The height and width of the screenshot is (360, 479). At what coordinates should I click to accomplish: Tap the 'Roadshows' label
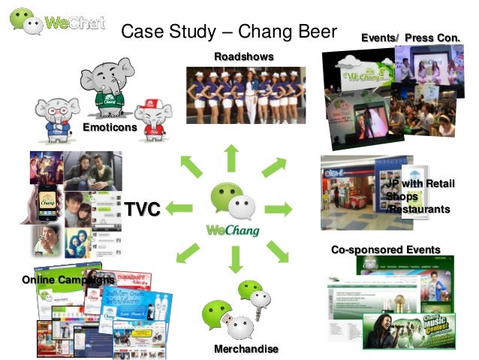(243, 57)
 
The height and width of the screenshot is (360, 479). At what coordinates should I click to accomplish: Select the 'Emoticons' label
(110, 128)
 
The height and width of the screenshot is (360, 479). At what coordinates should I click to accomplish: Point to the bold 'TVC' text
(143, 209)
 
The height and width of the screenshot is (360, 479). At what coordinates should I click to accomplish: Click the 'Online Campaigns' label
(68, 280)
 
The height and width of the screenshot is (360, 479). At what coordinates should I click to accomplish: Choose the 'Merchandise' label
(246, 349)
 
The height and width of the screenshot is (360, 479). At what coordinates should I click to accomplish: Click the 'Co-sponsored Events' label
(386, 250)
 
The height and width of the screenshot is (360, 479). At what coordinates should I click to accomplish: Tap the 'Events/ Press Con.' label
(410, 38)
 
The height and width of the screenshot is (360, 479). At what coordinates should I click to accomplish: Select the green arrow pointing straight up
(231, 158)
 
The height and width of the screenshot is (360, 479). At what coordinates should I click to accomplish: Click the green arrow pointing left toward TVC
(181, 208)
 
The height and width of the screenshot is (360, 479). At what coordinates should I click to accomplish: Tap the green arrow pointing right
(279, 208)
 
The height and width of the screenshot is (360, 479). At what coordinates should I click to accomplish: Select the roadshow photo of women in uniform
(243, 96)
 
